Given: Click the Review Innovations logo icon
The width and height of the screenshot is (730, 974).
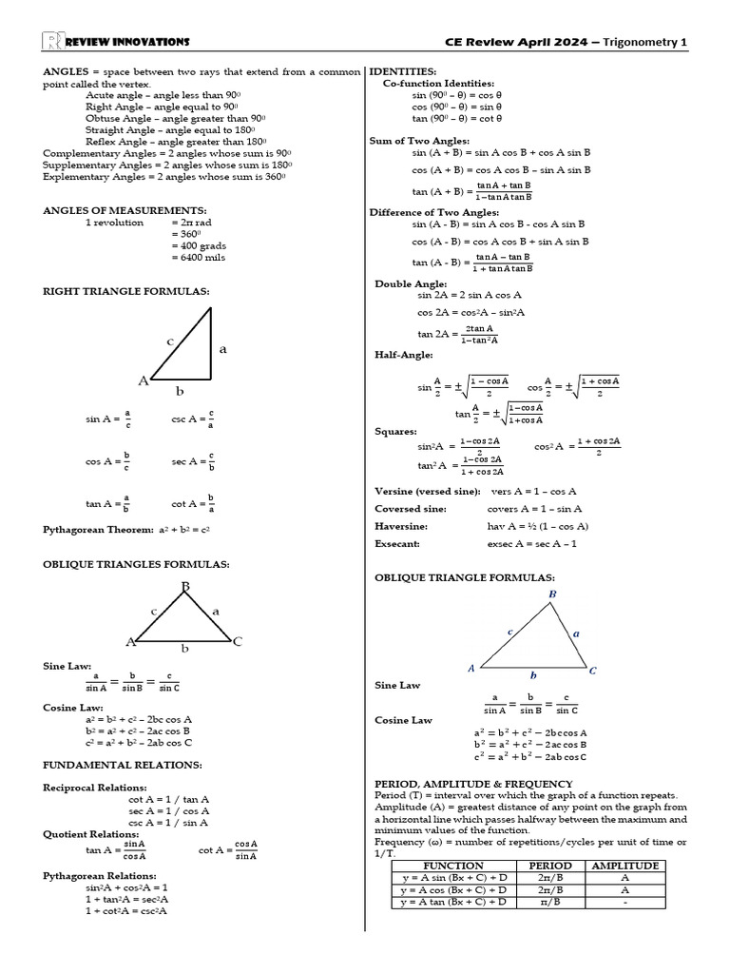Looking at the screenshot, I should (x=52, y=41).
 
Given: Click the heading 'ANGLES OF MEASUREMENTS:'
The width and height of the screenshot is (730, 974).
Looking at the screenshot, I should (x=125, y=210).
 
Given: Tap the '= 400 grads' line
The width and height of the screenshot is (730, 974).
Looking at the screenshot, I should (x=200, y=245).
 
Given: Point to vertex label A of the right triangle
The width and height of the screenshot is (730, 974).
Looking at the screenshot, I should (x=144, y=380).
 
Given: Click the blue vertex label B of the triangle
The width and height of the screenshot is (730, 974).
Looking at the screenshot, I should (x=552, y=594).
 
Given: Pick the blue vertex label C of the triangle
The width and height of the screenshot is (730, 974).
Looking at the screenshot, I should (x=593, y=671).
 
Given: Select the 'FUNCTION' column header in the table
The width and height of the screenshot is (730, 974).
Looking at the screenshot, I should (x=452, y=866).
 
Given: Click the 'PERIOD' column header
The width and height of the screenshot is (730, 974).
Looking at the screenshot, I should (x=549, y=866).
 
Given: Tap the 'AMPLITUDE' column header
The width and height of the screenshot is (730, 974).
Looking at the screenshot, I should (x=624, y=866).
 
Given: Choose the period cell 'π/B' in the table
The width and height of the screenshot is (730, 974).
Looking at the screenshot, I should (x=549, y=902).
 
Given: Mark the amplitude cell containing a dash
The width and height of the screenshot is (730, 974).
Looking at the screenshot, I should (x=624, y=902).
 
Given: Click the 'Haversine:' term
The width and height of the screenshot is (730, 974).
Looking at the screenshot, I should (x=401, y=526).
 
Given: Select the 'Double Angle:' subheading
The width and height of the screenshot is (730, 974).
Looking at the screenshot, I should (x=411, y=283).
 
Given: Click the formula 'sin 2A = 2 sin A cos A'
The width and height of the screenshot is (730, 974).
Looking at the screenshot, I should (x=470, y=296).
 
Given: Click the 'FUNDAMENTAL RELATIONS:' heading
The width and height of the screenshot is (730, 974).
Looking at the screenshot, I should (x=122, y=765).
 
